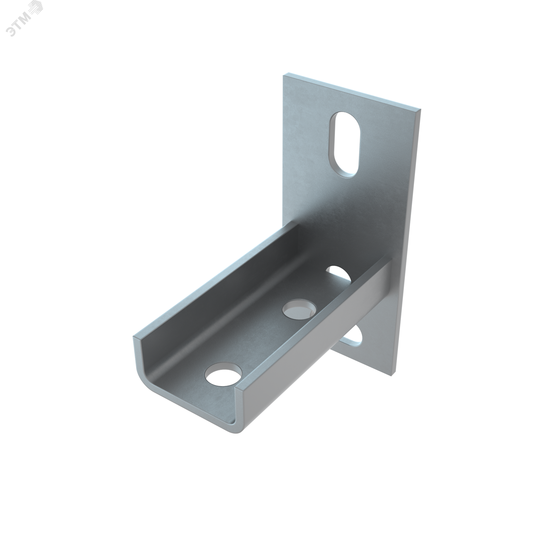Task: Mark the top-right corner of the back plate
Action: (x=421, y=109)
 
